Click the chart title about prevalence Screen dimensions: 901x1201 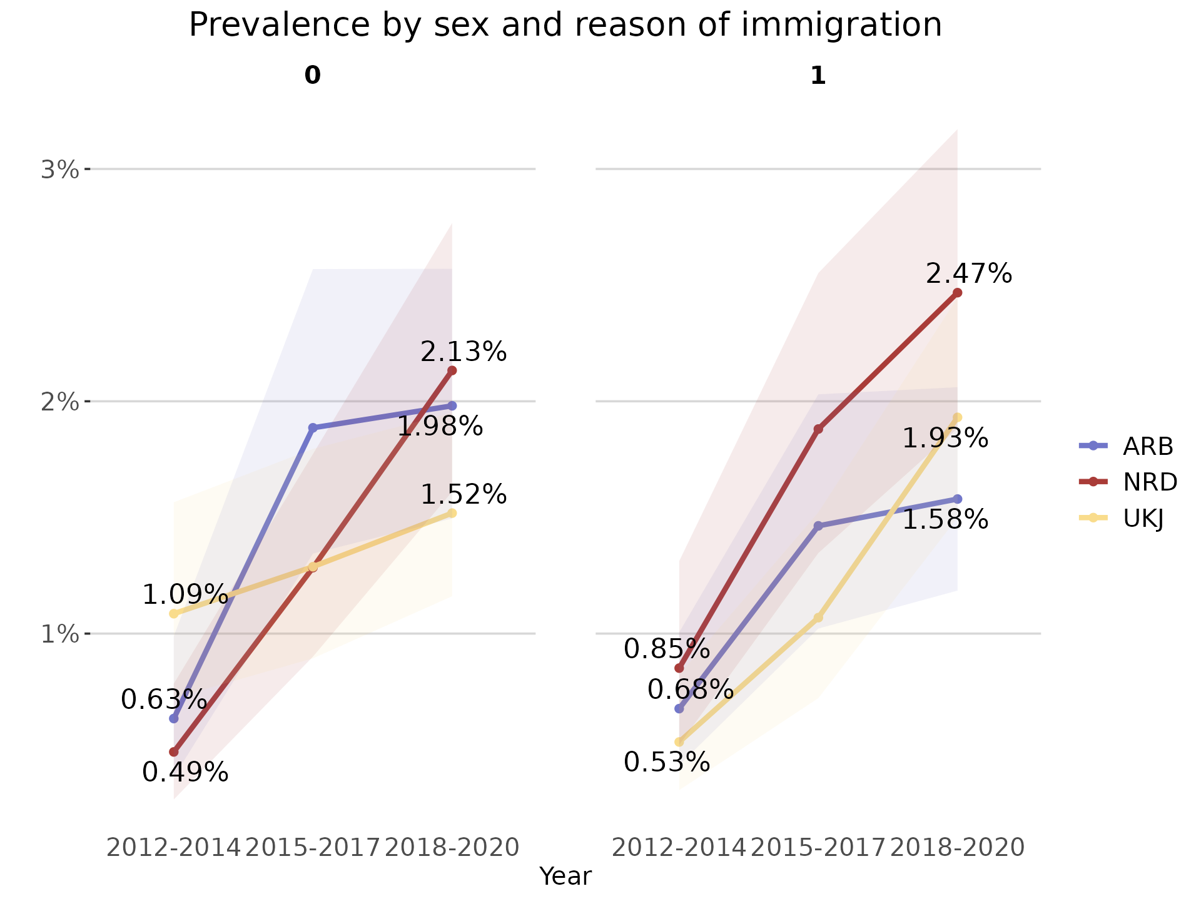coord(565,26)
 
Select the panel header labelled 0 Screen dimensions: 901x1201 coord(312,76)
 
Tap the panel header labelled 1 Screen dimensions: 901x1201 coord(818,76)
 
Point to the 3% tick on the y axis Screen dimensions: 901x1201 coord(60,170)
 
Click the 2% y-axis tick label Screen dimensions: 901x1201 coord(60,402)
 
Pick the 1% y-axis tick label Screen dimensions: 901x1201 coord(60,634)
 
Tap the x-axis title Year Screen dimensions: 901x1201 coord(565,877)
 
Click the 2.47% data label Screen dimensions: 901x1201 coord(968,274)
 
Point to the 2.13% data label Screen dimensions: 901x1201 coord(463,352)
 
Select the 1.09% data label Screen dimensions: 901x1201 coord(185,594)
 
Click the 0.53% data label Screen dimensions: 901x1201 coord(667,762)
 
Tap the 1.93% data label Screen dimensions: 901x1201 coord(945,439)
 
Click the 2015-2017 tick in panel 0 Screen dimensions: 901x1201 coord(313,848)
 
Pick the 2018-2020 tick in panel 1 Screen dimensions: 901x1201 coord(957,848)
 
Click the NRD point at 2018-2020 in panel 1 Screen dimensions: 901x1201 coord(957,293)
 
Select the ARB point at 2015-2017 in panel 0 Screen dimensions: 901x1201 coord(313,428)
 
